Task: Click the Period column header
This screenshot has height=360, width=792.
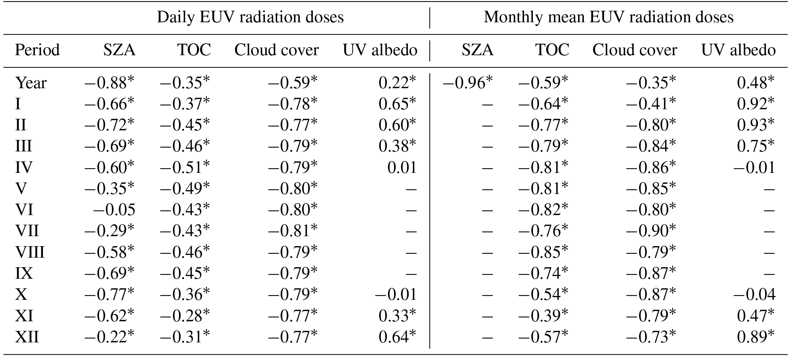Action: tap(37, 50)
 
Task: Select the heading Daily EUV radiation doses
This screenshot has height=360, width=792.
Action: tap(250, 17)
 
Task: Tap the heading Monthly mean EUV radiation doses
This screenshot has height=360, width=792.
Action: tap(608, 17)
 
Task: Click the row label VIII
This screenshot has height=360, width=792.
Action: tap(30, 252)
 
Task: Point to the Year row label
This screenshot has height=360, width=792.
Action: tap(31, 83)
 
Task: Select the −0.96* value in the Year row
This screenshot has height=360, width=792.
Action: tap(467, 83)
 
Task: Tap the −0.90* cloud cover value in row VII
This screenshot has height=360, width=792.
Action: tap(651, 231)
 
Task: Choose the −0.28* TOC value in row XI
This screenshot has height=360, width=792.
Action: tap(185, 316)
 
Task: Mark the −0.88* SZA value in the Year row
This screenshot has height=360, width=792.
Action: tap(110, 83)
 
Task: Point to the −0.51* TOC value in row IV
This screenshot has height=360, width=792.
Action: tap(185, 168)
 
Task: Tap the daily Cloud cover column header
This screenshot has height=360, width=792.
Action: tap(276, 50)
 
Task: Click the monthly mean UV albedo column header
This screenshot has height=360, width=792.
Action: tap(738, 50)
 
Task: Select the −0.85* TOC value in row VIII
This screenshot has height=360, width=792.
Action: tap(544, 252)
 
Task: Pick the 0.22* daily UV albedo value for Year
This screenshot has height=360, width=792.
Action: tap(397, 83)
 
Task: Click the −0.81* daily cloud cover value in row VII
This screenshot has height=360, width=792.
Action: tap(293, 231)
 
